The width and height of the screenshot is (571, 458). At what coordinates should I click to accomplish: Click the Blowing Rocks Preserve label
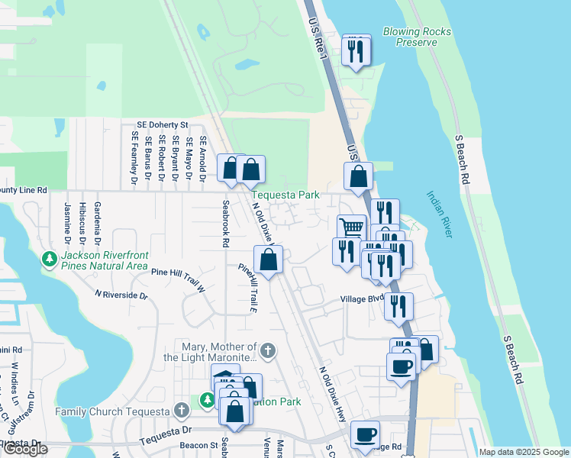pyautogui.click(x=417, y=37)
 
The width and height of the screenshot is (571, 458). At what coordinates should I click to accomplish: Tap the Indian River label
pyautogui.click(x=440, y=214)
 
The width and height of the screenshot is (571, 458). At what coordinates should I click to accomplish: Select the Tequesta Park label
pyautogui.click(x=286, y=195)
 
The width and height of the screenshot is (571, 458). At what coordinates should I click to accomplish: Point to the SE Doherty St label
pyautogui.click(x=162, y=124)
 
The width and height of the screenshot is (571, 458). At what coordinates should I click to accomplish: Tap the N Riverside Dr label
pyautogui.click(x=121, y=294)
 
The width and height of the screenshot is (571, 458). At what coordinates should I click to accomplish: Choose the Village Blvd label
pyautogui.click(x=361, y=300)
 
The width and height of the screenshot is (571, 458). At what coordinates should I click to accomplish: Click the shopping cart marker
pyautogui.click(x=351, y=227)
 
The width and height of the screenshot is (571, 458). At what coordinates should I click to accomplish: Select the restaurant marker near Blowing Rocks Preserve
pyautogui.click(x=356, y=50)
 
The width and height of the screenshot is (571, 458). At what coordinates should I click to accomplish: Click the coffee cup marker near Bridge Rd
pyautogui.click(x=366, y=434)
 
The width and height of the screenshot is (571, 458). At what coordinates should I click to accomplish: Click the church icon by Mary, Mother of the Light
pyautogui.click(x=267, y=350)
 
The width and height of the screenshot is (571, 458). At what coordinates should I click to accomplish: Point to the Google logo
pyautogui.click(x=25, y=449)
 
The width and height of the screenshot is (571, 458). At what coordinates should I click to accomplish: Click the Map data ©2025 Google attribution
pyautogui.click(x=524, y=452)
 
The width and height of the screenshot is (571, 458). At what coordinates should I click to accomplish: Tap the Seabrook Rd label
pyautogui.click(x=226, y=224)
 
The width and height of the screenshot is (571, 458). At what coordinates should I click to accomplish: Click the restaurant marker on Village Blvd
pyautogui.click(x=398, y=305)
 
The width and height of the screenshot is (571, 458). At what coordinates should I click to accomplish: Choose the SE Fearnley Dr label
pyautogui.click(x=135, y=158)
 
